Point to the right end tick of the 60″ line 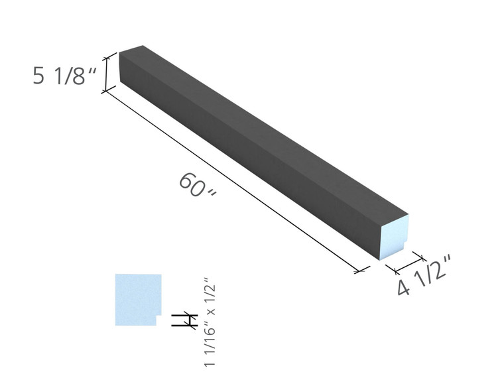361,271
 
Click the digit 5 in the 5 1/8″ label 40,76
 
